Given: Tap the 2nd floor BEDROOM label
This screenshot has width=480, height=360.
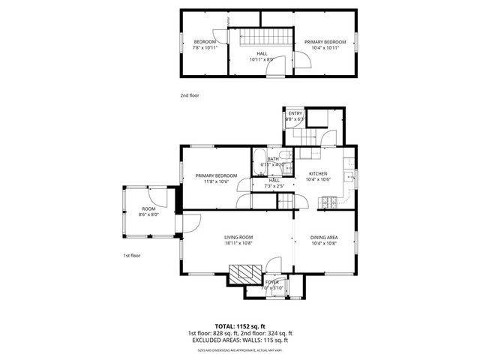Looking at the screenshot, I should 205,41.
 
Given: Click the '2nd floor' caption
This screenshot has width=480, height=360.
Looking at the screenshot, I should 190,95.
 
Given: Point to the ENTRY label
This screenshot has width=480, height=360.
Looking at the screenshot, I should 295,113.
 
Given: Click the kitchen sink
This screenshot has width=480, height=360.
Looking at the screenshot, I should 349,178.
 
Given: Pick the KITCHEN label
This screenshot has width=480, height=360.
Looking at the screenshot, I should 319,173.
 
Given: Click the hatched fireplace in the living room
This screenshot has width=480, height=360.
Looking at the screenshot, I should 243,272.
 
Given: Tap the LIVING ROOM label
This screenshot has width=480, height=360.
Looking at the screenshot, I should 238,237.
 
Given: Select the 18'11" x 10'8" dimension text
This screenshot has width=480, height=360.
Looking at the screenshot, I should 238,243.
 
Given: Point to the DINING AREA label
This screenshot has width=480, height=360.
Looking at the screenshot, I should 324,237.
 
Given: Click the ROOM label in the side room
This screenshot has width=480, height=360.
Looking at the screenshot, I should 148,208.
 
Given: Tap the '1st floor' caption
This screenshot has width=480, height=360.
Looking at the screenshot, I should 132,256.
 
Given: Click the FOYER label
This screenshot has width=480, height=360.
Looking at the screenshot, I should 271,282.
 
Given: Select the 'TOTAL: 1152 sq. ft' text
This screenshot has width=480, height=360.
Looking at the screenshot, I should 239,326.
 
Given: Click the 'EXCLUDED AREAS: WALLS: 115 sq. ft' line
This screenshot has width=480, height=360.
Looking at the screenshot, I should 239,340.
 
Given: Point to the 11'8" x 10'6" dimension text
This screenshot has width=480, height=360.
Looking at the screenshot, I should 216,181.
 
